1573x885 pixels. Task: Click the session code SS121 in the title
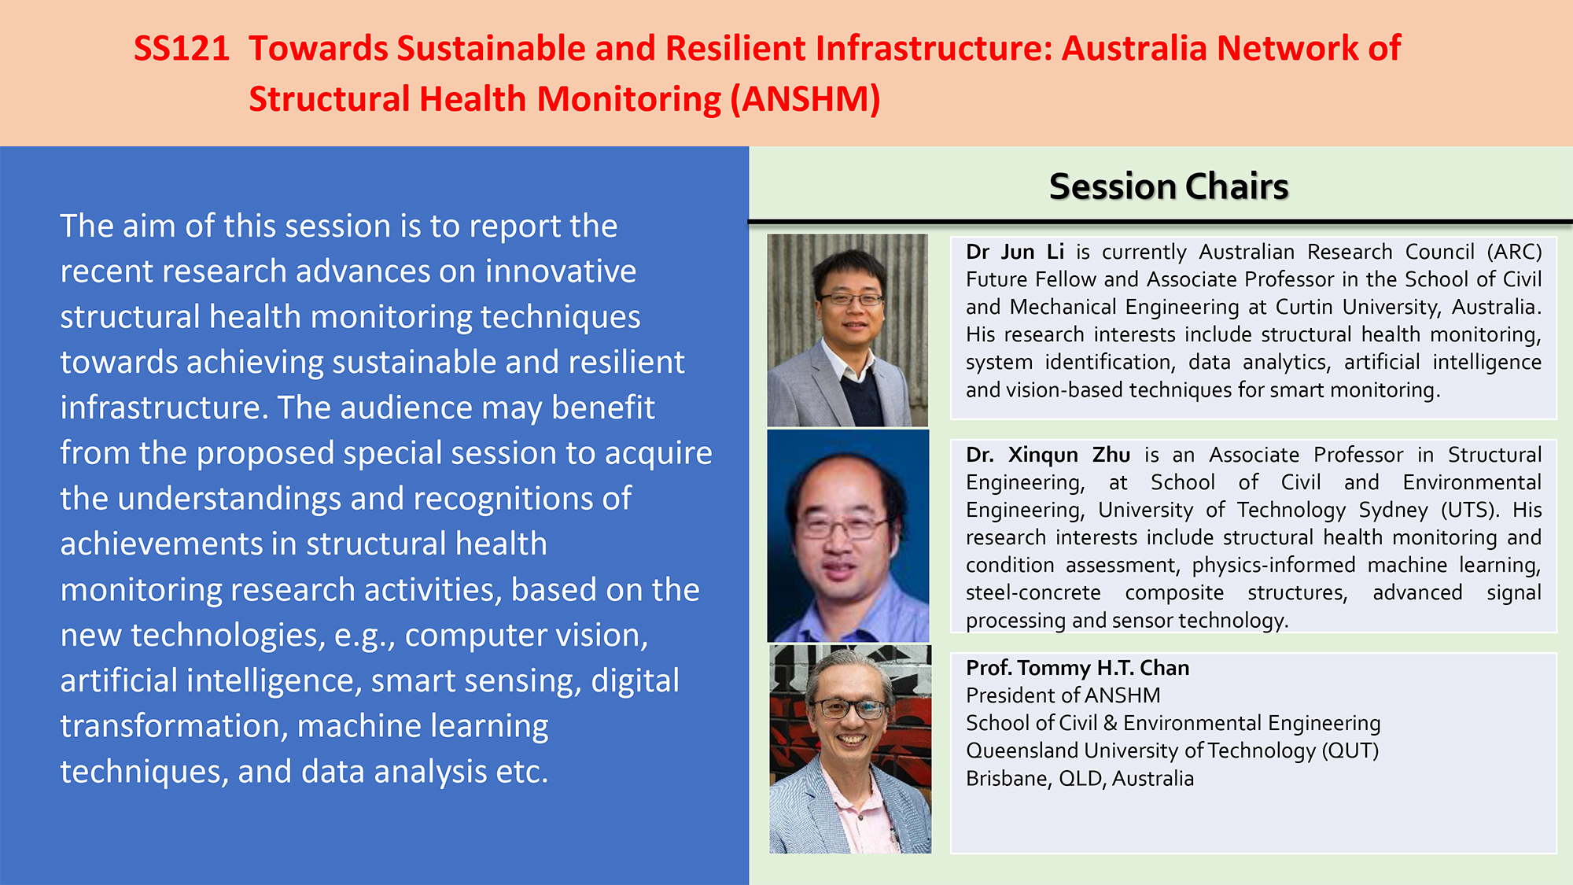[181, 49]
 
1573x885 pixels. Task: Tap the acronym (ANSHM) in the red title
[805, 100]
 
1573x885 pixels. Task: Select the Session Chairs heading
[1169, 186]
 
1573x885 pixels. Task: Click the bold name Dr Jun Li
[1015, 252]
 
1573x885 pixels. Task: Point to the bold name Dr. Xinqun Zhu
[1048, 455]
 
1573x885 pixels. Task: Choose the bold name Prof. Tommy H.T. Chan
[1078, 668]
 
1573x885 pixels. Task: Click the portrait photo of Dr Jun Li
[848, 330]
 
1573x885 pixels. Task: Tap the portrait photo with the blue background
[848, 536]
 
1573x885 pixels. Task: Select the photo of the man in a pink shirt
[850, 749]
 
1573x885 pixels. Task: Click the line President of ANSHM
[1063, 695]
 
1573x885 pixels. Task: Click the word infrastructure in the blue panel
[164, 407]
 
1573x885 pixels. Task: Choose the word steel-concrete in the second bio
[1033, 593]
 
